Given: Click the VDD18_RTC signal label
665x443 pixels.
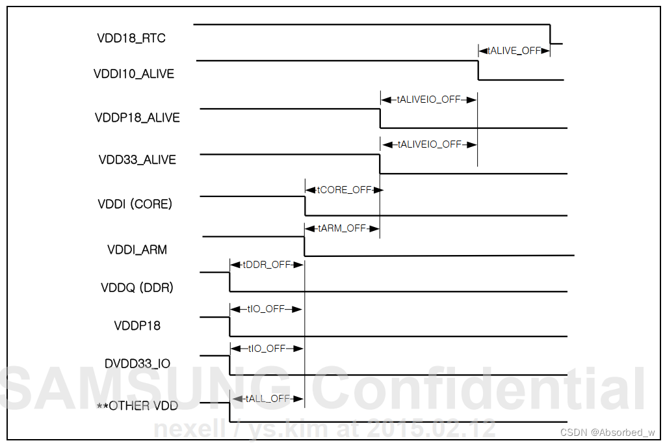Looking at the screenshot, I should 131,38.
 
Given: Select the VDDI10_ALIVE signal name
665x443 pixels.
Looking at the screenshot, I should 134,74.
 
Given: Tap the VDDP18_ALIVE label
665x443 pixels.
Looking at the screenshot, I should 137,118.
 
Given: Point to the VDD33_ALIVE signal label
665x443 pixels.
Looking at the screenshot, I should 137,160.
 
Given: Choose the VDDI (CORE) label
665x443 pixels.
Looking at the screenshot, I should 135,204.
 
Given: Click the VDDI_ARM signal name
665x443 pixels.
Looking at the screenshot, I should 137,250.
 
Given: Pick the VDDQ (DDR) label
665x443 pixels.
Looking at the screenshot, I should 137,288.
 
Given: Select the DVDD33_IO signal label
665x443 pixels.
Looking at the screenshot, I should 137,364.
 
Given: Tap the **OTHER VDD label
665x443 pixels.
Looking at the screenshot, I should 137,407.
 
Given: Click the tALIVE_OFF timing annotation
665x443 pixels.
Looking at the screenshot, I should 514,50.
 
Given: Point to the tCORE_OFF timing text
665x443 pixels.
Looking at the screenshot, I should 343,190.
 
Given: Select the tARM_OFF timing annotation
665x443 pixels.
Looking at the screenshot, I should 342,228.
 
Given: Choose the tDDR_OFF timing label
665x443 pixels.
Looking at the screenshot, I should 267,265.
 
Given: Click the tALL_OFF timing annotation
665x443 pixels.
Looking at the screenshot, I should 267,398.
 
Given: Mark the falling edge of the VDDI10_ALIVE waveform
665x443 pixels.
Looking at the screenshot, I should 478,70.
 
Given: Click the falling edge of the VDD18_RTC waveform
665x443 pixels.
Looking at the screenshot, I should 551,34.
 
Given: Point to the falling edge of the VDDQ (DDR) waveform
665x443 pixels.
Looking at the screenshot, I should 229,282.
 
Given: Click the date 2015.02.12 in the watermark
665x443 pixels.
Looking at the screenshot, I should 431,429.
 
